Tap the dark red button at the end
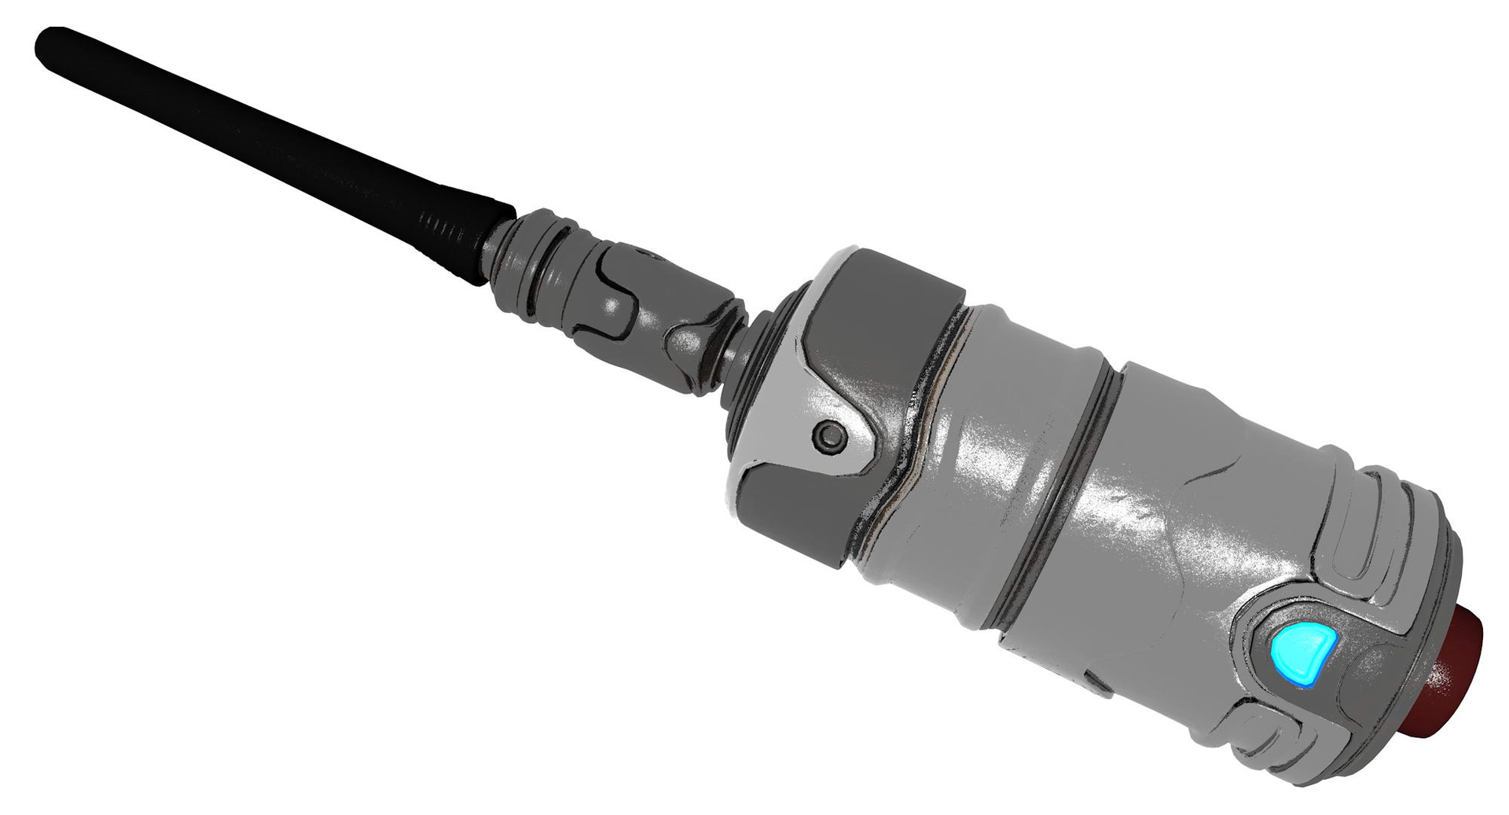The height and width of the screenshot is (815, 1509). coord(1454,676)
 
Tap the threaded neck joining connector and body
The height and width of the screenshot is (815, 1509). coord(739,354)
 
